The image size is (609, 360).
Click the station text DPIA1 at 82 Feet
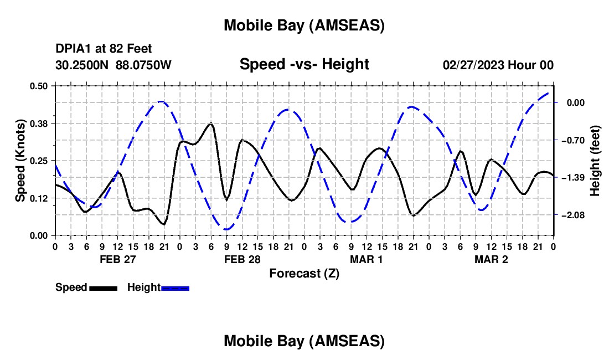[x=104, y=49]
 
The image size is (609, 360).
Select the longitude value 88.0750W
[x=144, y=65]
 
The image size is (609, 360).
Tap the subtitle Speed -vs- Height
[x=304, y=64]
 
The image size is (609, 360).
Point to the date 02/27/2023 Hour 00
[x=498, y=65]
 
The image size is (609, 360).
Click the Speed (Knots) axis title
[x=20, y=161]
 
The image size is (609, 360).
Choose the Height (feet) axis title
[x=595, y=161]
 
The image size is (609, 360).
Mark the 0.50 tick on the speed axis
[x=39, y=86]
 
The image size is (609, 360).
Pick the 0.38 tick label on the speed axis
[x=39, y=123]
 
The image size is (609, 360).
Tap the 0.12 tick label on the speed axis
[x=39, y=198]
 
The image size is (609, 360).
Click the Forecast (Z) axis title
[x=304, y=273]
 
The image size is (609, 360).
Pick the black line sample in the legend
[x=103, y=288]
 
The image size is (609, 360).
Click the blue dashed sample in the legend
[x=175, y=288]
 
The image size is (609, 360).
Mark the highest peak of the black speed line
[x=210, y=124]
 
